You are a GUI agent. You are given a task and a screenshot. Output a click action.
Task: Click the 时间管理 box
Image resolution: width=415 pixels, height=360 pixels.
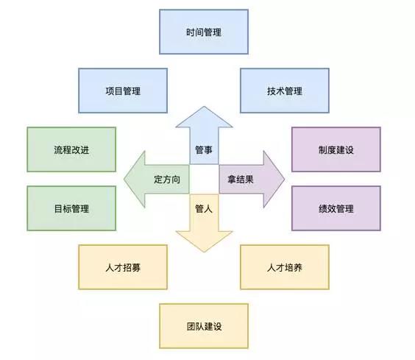coord(204,32)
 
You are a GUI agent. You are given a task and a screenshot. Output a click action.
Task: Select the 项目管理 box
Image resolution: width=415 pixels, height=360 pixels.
coord(123,91)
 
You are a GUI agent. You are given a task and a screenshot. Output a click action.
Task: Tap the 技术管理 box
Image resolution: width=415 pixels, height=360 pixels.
coord(285,91)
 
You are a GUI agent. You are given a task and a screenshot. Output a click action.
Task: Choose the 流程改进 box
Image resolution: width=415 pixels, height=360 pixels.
coord(71,149)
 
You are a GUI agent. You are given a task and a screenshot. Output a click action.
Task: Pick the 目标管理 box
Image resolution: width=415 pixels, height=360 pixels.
coord(71,208)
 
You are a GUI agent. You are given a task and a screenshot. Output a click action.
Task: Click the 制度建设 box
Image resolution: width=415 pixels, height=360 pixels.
coord(336,149)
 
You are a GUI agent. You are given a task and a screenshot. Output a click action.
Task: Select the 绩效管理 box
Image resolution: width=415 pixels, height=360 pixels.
coord(336,208)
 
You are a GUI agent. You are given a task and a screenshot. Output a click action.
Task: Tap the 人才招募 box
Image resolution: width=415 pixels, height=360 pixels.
coord(123,267)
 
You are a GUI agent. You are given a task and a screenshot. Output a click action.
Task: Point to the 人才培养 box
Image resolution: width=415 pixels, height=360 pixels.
coord(285,267)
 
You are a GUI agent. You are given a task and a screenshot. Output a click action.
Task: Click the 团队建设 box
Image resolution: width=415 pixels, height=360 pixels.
coord(204,326)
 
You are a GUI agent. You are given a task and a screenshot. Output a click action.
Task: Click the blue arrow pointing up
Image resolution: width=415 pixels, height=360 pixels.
coord(204,138)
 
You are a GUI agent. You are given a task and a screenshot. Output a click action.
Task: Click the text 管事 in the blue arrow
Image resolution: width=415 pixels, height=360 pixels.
coord(204,150)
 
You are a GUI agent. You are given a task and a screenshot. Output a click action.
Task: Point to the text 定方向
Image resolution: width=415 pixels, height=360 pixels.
coord(167,180)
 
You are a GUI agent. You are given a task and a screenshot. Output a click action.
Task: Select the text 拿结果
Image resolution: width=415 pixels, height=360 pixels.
coord(241,180)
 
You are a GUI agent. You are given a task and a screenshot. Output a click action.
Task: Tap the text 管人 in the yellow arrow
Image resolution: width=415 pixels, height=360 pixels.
coord(204,209)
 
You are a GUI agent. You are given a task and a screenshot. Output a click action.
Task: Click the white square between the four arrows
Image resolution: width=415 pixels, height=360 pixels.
coord(204,180)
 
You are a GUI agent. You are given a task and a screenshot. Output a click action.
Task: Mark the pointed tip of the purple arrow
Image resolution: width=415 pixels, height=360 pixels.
coord(285,180)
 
